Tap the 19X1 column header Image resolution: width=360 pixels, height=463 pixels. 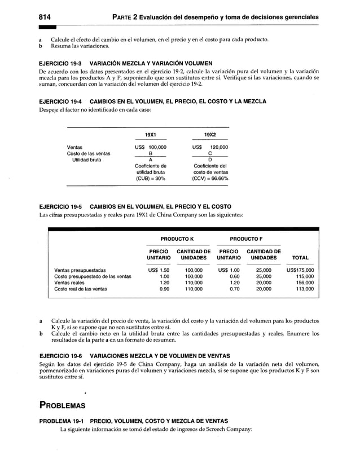click(150, 135)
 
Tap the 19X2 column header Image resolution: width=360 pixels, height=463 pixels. click(210, 135)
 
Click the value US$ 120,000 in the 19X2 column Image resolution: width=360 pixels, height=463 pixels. click(210, 147)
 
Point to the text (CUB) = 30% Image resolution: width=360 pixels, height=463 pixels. click(151, 179)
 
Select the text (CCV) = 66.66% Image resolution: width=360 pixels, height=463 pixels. click(210, 179)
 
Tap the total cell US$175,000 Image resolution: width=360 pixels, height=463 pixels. click(300, 270)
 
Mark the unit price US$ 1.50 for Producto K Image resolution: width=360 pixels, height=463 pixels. click(159, 270)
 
